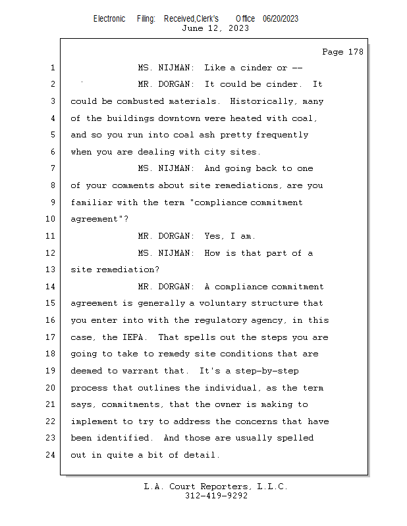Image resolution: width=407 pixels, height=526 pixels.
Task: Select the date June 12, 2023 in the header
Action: click(215, 28)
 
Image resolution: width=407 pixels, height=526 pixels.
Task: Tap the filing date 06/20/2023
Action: click(280, 18)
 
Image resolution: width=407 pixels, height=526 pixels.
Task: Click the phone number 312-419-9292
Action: click(216, 496)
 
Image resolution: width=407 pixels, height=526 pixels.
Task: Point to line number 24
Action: click(52, 455)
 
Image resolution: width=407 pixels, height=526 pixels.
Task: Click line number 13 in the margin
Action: click(52, 270)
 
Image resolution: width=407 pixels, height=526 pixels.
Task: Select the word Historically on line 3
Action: click(257, 101)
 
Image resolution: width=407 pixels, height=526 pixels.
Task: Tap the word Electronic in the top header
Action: click(109, 18)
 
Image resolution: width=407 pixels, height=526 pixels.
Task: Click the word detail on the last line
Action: click(202, 455)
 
